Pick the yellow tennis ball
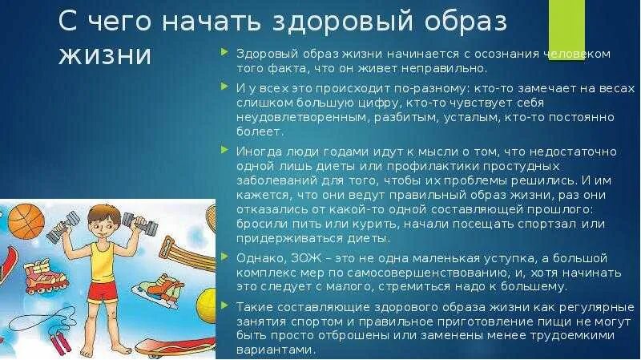click(x=206, y=305)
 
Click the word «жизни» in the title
click(x=105, y=57)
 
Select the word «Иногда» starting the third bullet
click(x=256, y=150)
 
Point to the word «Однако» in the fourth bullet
click(x=256, y=257)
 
